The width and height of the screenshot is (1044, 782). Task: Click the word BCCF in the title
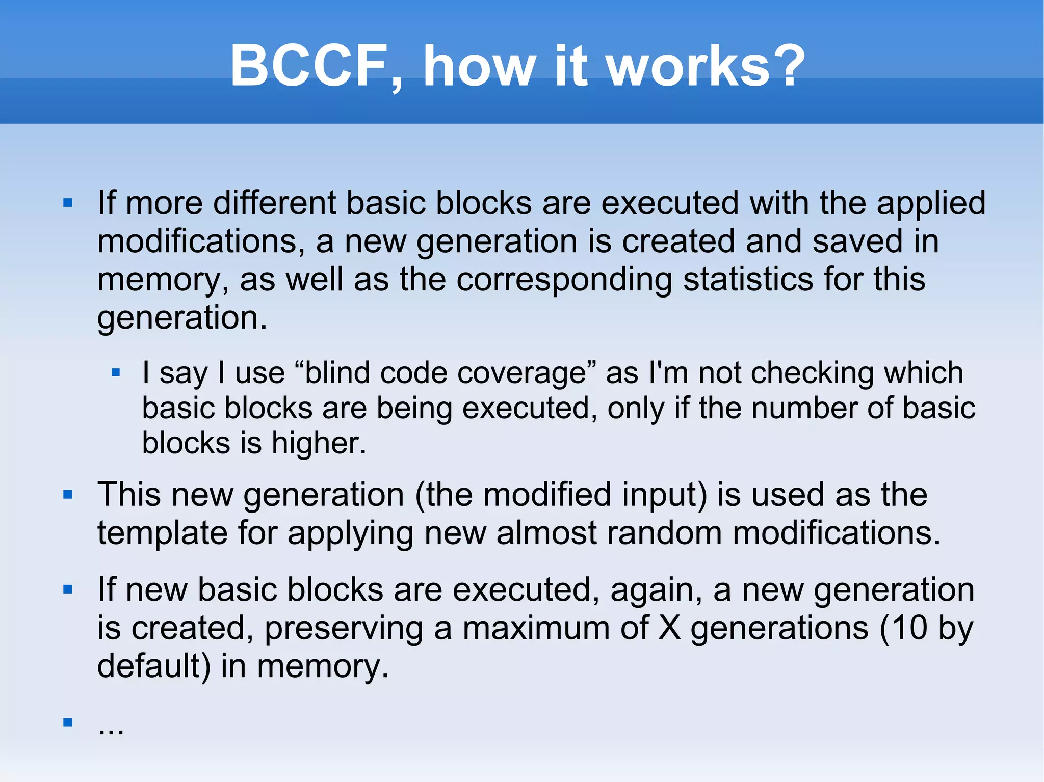point(309,66)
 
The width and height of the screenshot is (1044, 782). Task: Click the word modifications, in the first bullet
point(201,241)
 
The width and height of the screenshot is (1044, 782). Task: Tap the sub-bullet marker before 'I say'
point(116,373)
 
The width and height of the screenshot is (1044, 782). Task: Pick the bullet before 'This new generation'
point(68,495)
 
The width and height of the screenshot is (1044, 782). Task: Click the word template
point(162,533)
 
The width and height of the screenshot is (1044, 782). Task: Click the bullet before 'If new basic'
point(68,590)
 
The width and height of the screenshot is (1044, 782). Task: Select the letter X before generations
point(669,628)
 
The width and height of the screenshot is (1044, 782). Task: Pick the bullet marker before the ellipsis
point(68,722)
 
